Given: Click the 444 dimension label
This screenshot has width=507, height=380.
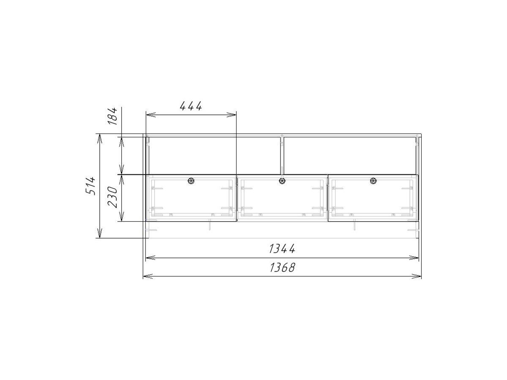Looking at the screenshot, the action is (x=191, y=106).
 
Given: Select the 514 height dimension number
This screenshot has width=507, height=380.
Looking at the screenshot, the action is (x=90, y=186).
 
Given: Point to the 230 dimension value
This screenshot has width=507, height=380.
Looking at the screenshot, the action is (x=113, y=197).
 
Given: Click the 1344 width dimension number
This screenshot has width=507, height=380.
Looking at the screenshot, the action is (x=282, y=249).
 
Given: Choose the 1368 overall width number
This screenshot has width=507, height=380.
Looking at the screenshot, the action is (x=282, y=268).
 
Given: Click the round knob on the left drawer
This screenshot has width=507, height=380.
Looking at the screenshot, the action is (x=191, y=181).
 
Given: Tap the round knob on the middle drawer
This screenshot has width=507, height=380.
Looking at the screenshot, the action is (x=282, y=181).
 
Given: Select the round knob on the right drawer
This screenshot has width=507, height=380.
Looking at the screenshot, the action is (x=373, y=181).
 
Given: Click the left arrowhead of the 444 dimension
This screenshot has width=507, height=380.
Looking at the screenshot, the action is (x=150, y=115).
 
